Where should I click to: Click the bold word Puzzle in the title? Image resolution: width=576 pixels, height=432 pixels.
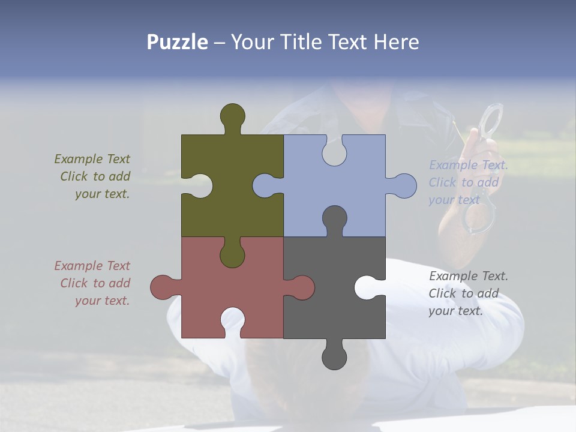pos(177,42)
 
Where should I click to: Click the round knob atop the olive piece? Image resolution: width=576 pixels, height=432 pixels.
pos(232,115)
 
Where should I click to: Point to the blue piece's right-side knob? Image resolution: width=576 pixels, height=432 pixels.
pos(403,186)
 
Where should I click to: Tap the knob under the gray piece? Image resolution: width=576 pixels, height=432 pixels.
pos(334,357)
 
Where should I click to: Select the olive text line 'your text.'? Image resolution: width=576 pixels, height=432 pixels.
pos(102,194)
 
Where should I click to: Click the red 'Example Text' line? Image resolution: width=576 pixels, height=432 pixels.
pos(92,265)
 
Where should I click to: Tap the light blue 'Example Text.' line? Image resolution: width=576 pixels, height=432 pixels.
pos(468,165)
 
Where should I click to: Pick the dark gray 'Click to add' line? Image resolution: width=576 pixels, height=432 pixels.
pos(463,293)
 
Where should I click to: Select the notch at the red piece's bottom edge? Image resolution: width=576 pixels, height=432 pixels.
pos(233,320)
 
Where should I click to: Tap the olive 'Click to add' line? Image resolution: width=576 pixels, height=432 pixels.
pos(95,176)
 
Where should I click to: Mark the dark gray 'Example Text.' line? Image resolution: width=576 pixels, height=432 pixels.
pos(468,276)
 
